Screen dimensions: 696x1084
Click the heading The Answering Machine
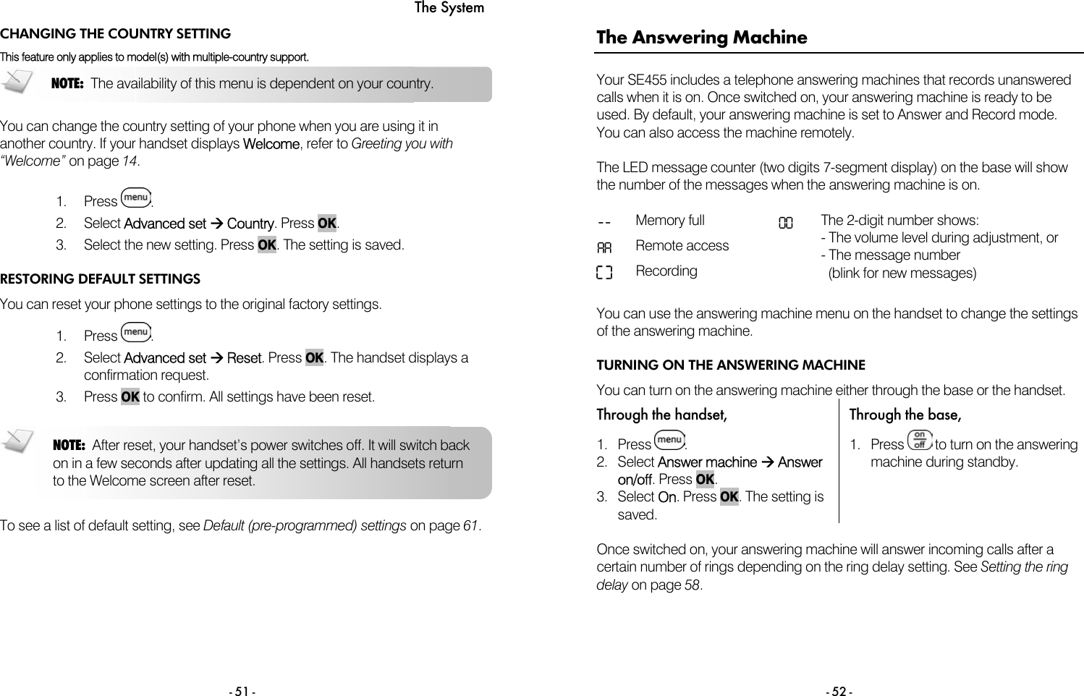pyautogui.click(x=701, y=38)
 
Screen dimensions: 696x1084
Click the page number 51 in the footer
pyautogui.click(x=242, y=692)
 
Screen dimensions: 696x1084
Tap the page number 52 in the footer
pyautogui.click(x=839, y=692)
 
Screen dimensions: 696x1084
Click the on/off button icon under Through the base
pyautogui.click(x=919, y=441)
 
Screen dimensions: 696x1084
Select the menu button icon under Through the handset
pyautogui.click(x=669, y=440)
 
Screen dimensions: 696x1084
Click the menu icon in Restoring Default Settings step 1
pyautogui.click(x=136, y=332)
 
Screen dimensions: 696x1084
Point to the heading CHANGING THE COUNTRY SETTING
pyautogui.click(x=116, y=34)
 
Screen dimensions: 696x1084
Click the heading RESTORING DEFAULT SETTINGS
pyautogui.click(x=101, y=279)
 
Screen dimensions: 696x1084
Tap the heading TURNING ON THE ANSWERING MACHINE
pyautogui.click(x=731, y=365)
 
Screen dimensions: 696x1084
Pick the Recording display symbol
pyautogui.click(x=604, y=273)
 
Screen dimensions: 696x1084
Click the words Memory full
pyautogui.click(x=669, y=221)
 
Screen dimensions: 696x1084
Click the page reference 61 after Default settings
pyautogui.click(x=470, y=526)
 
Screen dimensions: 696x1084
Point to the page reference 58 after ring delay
pyautogui.click(x=692, y=585)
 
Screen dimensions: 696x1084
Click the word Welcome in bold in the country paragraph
pyautogui.click(x=271, y=144)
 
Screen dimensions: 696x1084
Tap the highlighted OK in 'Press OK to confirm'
pyautogui.click(x=130, y=397)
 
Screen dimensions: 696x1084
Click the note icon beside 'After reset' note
pyautogui.click(x=17, y=441)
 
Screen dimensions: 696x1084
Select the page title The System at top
pyautogui.click(x=449, y=8)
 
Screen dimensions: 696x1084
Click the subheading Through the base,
pyautogui.click(x=905, y=415)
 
